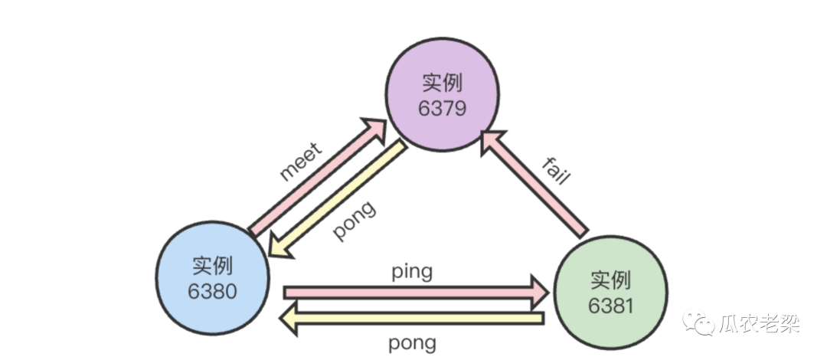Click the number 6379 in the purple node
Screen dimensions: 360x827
(442, 108)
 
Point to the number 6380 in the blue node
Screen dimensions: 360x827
(212, 291)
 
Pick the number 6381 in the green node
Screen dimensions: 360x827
(611, 306)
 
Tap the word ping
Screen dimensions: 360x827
(411, 271)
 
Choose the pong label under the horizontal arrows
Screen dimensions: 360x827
(413, 342)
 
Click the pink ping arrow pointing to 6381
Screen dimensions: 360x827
(413, 291)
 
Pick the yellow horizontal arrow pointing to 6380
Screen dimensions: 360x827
(413, 317)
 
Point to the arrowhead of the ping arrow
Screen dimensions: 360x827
(541, 291)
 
